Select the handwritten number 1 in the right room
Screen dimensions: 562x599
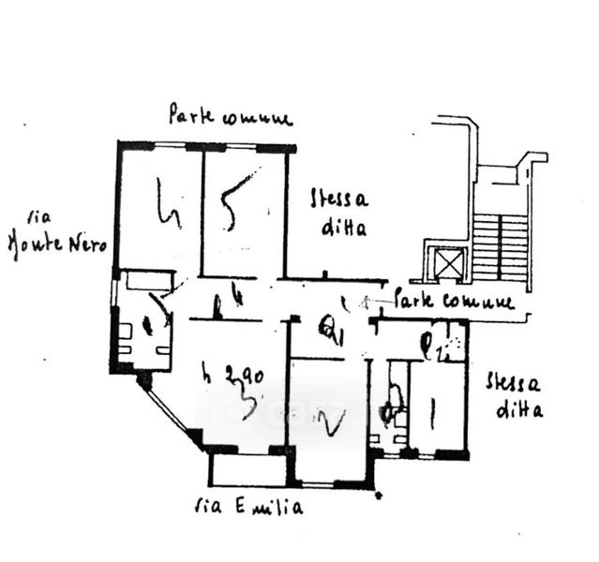[432, 413]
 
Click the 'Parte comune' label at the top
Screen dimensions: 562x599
[231, 117]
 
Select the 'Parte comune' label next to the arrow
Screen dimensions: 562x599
[455, 303]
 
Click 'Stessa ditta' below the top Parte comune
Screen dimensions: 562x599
[340, 213]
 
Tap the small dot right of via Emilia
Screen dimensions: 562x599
[377, 493]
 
